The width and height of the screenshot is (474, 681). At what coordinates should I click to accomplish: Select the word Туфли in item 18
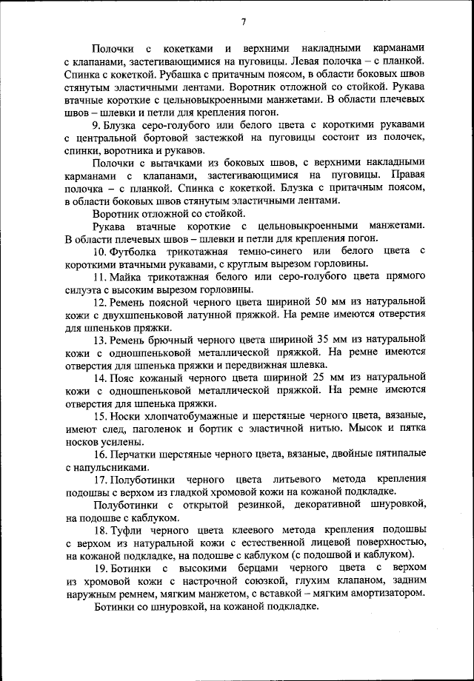[x=128, y=529]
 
